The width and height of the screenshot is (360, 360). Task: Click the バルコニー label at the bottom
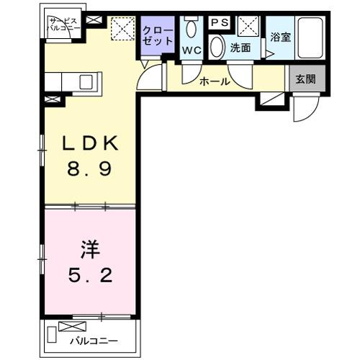point(94,340)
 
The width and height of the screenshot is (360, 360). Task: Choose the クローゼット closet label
point(157,37)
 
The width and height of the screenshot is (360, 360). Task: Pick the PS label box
point(220,23)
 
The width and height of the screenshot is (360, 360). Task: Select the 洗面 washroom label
point(240,49)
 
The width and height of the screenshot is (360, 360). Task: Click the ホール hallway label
point(215,81)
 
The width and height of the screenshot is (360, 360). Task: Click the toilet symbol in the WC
point(191,29)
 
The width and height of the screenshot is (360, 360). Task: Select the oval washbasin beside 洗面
point(216,48)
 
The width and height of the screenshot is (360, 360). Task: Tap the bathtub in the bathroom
point(312,37)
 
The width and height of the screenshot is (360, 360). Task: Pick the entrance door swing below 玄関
point(305,109)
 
